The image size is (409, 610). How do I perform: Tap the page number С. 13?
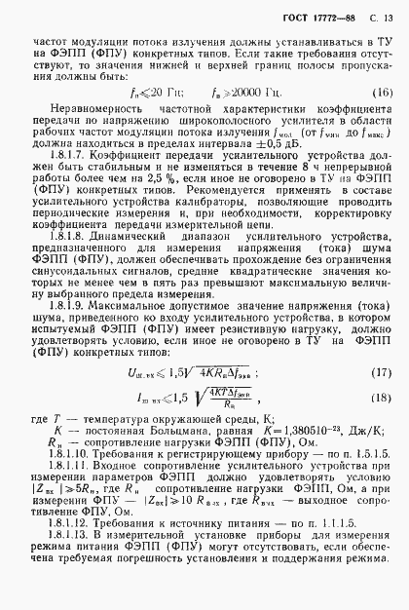pyautogui.click(x=383, y=19)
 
